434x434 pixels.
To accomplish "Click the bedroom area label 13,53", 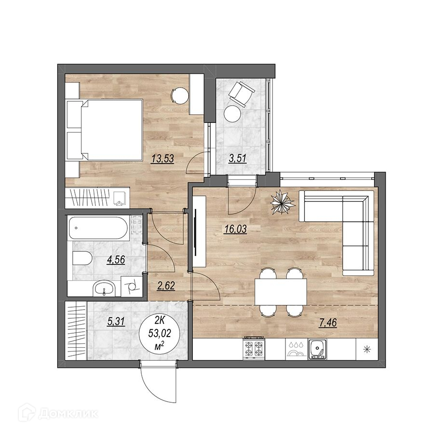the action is point(163,159).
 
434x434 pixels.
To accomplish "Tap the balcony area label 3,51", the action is point(237,159).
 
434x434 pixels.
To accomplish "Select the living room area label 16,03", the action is point(235,229).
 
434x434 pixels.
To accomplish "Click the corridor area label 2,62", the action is point(166,285).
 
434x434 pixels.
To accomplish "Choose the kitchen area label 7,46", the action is point(328,323).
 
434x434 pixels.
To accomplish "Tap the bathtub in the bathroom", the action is point(98,228).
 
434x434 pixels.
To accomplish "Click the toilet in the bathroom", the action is point(82,258).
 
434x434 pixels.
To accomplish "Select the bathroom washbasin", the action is point(104,288).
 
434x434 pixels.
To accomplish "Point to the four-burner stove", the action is point(254,349).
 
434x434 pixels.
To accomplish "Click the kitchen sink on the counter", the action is point(317,349).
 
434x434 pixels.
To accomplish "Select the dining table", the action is point(281,292).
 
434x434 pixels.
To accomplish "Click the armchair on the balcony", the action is point(242,94).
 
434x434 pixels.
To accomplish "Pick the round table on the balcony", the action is point(232,113).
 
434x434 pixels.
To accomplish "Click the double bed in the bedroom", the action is point(105,130).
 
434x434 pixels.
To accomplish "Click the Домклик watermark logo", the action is point(58,414).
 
